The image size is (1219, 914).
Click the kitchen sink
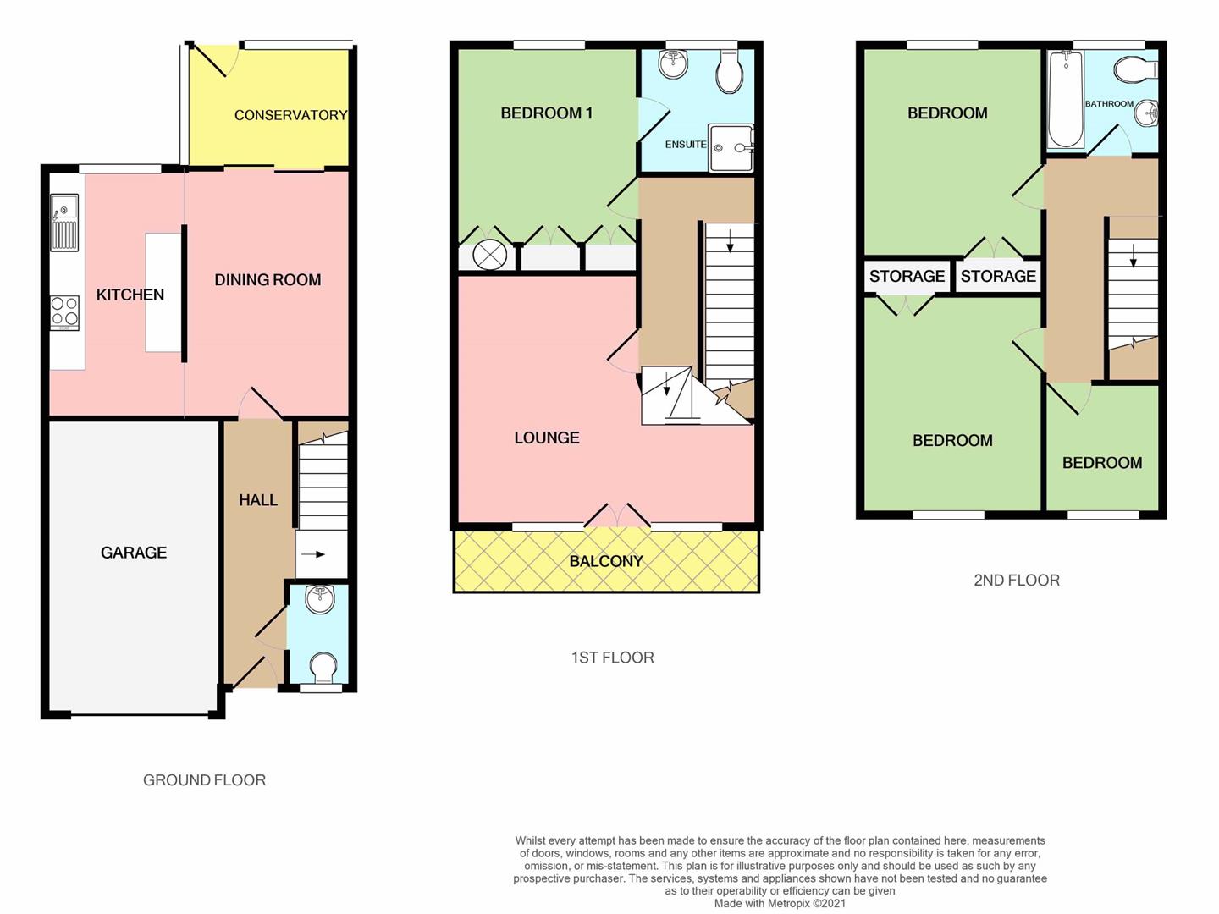pyautogui.click(x=64, y=222)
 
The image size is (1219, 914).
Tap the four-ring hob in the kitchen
pyautogui.click(x=64, y=313)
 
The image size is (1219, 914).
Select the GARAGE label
pyautogui.click(x=134, y=553)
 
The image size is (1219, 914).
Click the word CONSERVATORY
pyautogui.click(x=290, y=115)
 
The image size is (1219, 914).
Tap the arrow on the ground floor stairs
pyautogui.click(x=313, y=553)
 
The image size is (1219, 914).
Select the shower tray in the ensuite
pyautogui.click(x=731, y=147)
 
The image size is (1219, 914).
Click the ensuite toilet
pyautogui.click(x=731, y=73)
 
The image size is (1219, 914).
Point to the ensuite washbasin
pyautogui.click(x=673, y=63)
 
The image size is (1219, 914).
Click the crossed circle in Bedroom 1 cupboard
pyautogui.click(x=490, y=256)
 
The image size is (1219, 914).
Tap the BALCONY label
pyautogui.click(x=606, y=562)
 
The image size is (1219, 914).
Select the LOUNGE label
pyautogui.click(x=547, y=438)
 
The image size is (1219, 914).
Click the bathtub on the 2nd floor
pyautogui.click(x=1065, y=100)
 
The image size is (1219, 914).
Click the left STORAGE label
pyautogui.click(x=907, y=276)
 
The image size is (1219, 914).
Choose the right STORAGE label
pyautogui.click(x=998, y=276)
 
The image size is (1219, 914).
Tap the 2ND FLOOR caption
pyautogui.click(x=1017, y=581)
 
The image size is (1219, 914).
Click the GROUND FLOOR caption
pyautogui.click(x=204, y=780)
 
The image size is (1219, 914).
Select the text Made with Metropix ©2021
pyautogui.click(x=780, y=904)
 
